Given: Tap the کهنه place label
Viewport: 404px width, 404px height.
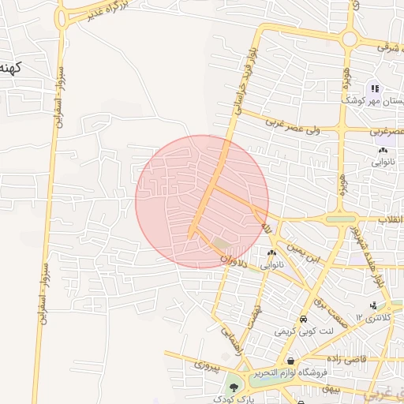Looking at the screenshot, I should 13,66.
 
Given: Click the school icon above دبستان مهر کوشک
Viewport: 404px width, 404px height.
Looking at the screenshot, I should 376,88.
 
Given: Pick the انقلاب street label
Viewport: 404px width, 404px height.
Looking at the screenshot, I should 387,219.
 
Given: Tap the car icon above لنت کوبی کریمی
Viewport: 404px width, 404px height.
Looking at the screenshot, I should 303,320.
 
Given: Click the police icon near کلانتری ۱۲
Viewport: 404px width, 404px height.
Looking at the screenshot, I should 372,305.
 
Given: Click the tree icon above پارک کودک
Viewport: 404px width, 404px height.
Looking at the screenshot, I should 234,387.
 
